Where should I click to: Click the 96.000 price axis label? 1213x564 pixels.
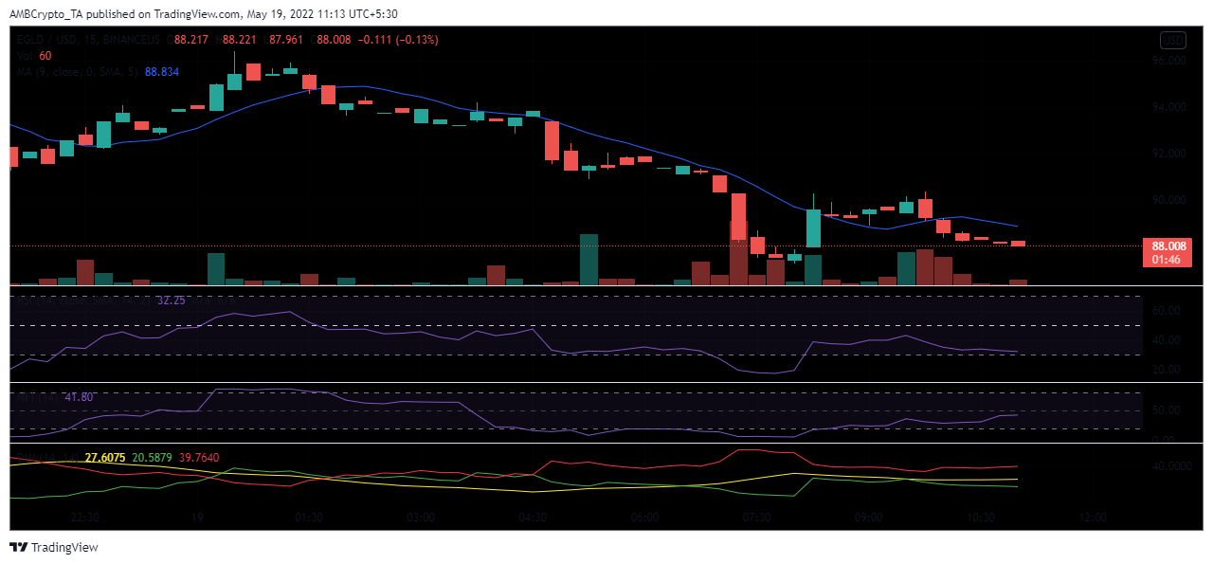[x=1167, y=61]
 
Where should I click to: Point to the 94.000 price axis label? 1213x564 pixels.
[x=1167, y=107]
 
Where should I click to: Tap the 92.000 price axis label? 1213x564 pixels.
[x=1167, y=154]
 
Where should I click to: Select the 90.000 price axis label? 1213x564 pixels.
[x=1167, y=200]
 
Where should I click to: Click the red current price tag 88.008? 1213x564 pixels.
[x=1166, y=246]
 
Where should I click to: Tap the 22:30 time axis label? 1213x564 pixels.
[x=85, y=518]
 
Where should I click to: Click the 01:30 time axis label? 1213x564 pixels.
[x=309, y=518]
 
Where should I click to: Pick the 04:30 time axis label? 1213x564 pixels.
[x=533, y=518]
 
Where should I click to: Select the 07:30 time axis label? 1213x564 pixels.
[x=756, y=518]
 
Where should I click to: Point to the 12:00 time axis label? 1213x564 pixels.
[x=1093, y=518]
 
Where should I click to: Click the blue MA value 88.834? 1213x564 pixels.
[x=161, y=72]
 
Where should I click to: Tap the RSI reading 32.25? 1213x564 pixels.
[x=171, y=300]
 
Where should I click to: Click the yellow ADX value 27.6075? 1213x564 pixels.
[x=104, y=458]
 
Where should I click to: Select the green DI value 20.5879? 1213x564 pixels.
[x=152, y=458]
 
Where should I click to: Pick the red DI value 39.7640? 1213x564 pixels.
[x=198, y=458]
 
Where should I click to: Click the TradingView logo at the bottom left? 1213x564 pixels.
[x=54, y=547]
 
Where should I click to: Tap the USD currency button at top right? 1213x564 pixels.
[x=1173, y=40]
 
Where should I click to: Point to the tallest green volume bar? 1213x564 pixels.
[x=589, y=259]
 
